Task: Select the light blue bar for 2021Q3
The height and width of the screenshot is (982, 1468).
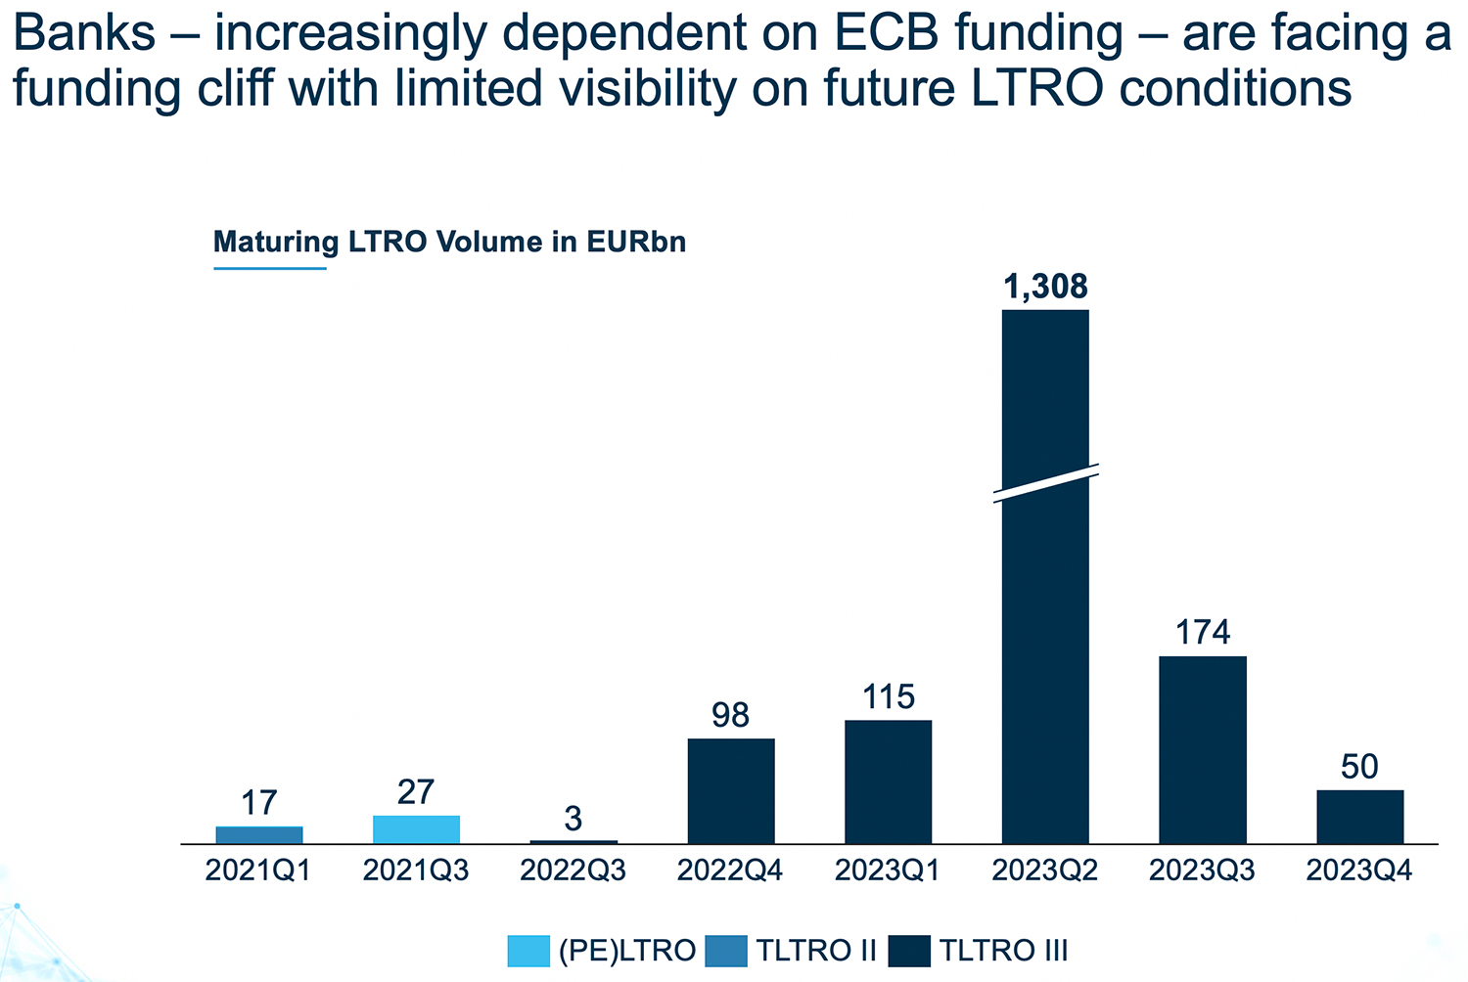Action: (x=416, y=829)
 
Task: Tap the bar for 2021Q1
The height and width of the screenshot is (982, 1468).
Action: (x=259, y=834)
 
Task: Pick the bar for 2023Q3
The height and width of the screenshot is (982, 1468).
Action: (x=1203, y=749)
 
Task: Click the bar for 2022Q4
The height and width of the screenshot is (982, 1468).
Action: (x=731, y=790)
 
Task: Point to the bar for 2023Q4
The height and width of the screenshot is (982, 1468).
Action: (x=1359, y=817)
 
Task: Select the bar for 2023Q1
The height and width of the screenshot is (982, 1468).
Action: (x=888, y=781)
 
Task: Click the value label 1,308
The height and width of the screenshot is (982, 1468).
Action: (x=1045, y=287)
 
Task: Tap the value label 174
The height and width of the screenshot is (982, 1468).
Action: (x=1203, y=633)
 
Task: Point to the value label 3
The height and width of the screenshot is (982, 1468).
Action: (x=573, y=818)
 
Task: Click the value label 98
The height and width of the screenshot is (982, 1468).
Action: (x=731, y=716)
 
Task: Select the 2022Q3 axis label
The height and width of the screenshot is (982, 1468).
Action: (x=573, y=870)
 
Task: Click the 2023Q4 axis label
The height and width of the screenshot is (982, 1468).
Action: (x=1359, y=870)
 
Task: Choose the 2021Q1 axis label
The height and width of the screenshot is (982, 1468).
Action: (x=258, y=870)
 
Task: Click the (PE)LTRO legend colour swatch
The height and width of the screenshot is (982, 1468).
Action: (x=528, y=951)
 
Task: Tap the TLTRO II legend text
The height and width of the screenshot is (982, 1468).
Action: (x=815, y=951)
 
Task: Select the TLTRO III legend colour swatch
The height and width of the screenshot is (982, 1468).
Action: (x=910, y=951)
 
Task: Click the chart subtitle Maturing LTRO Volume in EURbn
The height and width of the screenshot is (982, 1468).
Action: (x=449, y=242)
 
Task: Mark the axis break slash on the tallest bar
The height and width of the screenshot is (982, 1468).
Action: (x=1045, y=483)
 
